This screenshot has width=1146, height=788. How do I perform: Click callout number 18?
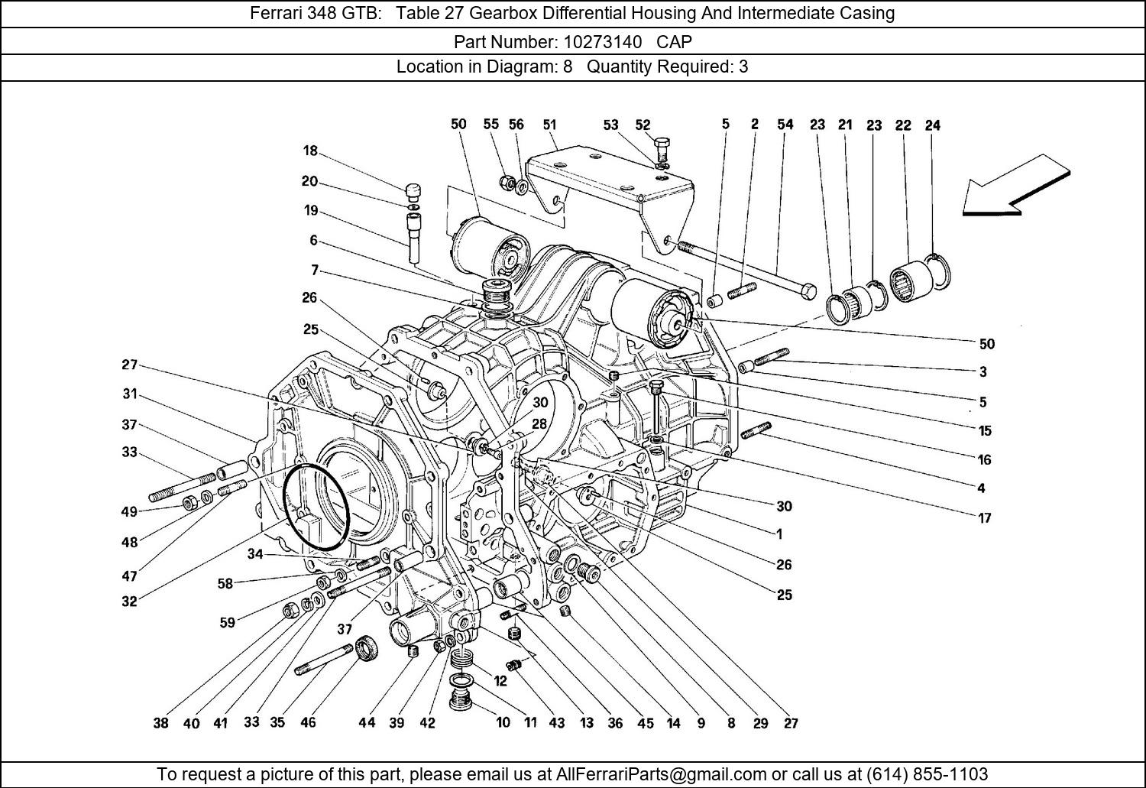[x=309, y=151]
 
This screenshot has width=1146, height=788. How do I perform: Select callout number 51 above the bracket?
[x=549, y=125]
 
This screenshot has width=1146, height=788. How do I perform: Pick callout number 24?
[x=932, y=125]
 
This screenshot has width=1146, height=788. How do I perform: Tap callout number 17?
[x=984, y=518]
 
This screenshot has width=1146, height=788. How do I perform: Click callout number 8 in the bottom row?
[x=730, y=723]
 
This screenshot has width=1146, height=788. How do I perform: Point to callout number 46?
[x=308, y=722]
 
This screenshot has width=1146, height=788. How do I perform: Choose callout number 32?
[x=129, y=602]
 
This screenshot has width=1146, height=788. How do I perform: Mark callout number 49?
[x=129, y=512]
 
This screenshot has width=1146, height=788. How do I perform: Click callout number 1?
[x=779, y=534]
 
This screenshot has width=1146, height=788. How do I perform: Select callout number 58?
[x=225, y=584]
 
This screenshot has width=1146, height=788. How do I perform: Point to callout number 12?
[x=500, y=681]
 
